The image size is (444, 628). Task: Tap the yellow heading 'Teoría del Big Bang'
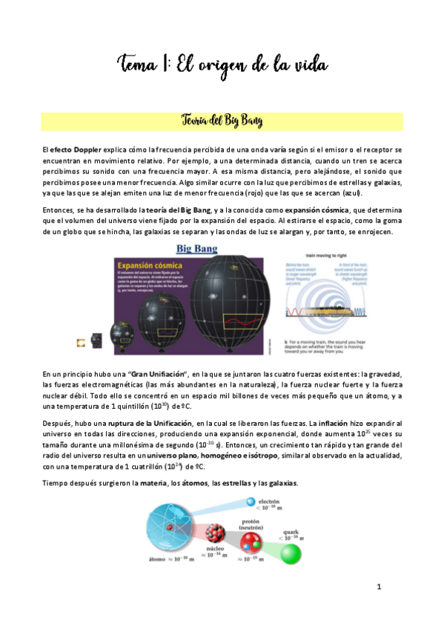tap(222, 121)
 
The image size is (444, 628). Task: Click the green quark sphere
tap(301, 557)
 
